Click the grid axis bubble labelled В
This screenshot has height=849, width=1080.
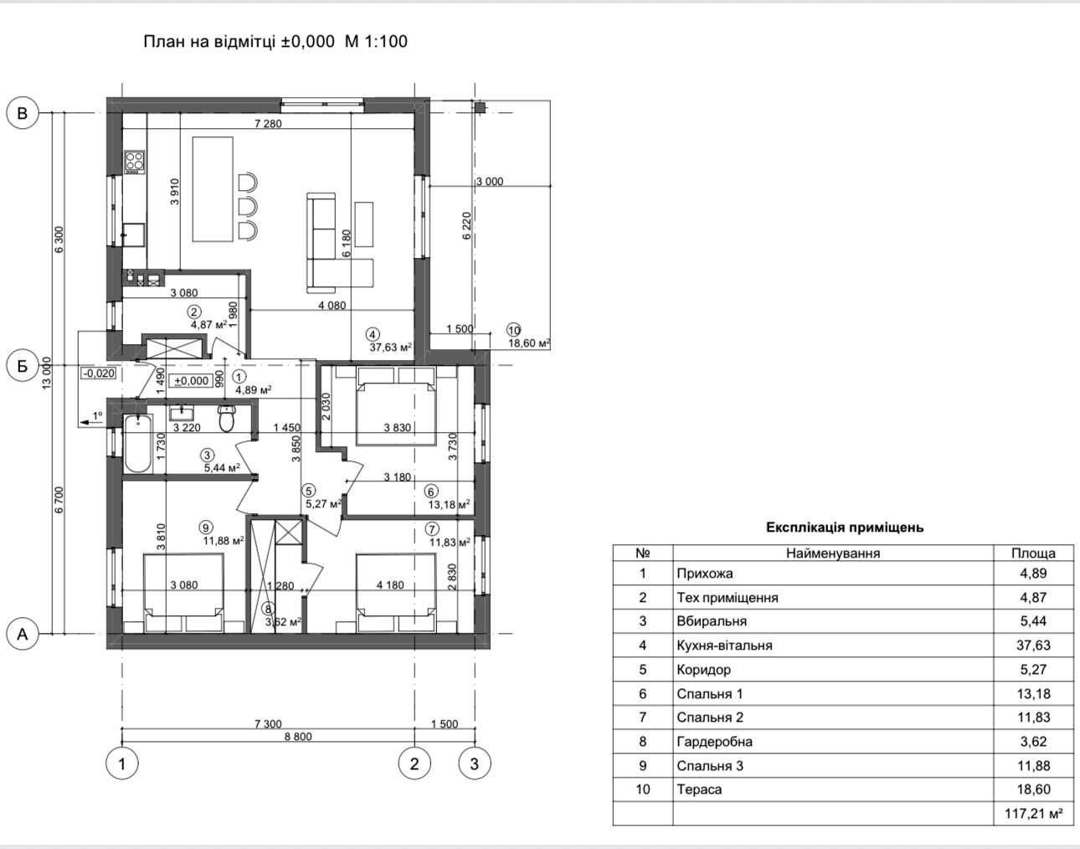[x=23, y=113]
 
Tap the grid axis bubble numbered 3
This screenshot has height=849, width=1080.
[x=474, y=764]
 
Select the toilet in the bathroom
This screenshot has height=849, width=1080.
[x=227, y=418]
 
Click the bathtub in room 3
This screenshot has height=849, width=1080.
[x=137, y=444]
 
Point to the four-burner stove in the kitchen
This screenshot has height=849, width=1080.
[x=134, y=162]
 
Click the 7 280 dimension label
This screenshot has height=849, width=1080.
[x=268, y=123]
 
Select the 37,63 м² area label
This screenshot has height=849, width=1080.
[x=391, y=347]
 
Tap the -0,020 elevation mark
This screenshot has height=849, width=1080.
[x=99, y=373]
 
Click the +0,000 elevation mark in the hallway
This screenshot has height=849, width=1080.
[x=192, y=381]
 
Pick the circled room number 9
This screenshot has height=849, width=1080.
[x=205, y=527]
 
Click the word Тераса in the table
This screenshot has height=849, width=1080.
[x=699, y=790]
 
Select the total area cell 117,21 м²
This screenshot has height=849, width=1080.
[x=1034, y=814]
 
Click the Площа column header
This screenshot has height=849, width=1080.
[x=1034, y=553]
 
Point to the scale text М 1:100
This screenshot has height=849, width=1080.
[x=376, y=41]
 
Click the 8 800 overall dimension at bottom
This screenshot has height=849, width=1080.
[x=298, y=736]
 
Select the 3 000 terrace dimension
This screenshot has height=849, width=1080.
[x=490, y=182]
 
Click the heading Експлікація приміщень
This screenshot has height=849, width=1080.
[x=845, y=527]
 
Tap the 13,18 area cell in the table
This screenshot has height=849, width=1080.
[x=1034, y=693]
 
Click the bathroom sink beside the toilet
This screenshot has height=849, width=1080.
[x=184, y=413]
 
